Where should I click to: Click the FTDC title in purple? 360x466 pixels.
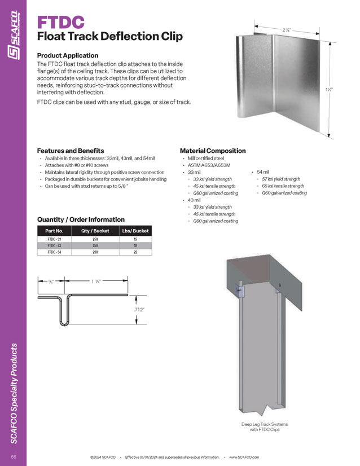(x=60, y=22)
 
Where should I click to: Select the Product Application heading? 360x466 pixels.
(x=67, y=55)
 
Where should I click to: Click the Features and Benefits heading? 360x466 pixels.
(x=70, y=151)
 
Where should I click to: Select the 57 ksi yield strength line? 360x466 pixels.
(x=280, y=179)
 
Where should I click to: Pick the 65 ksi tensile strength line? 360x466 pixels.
(x=283, y=186)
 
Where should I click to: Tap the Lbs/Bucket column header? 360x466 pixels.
(x=135, y=231)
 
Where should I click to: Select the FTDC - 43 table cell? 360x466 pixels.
(x=55, y=246)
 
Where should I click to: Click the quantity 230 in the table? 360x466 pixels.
(x=95, y=253)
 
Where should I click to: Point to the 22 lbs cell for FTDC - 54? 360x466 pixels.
(x=135, y=253)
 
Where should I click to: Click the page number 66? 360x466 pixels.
(x=13, y=455)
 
